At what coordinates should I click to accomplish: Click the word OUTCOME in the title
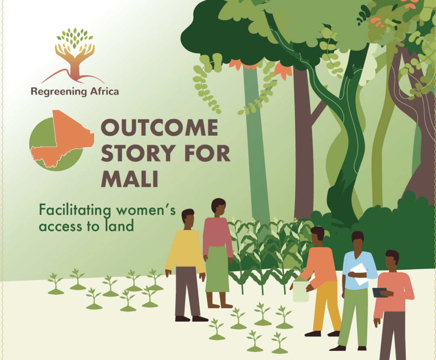(x=159, y=127)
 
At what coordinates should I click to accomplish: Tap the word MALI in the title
(x=130, y=178)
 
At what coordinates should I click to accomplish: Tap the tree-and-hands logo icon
(x=73, y=56)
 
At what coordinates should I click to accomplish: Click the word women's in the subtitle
(x=146, y=210)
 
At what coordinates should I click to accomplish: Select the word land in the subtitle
(x=119, y=226)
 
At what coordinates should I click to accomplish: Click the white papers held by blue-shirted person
(x=360, y=274)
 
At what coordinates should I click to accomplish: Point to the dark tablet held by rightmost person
(x=380, y=293)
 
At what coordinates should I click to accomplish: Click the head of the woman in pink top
(x=218, y=207)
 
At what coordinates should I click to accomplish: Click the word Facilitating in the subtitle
(x=75, y=210)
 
